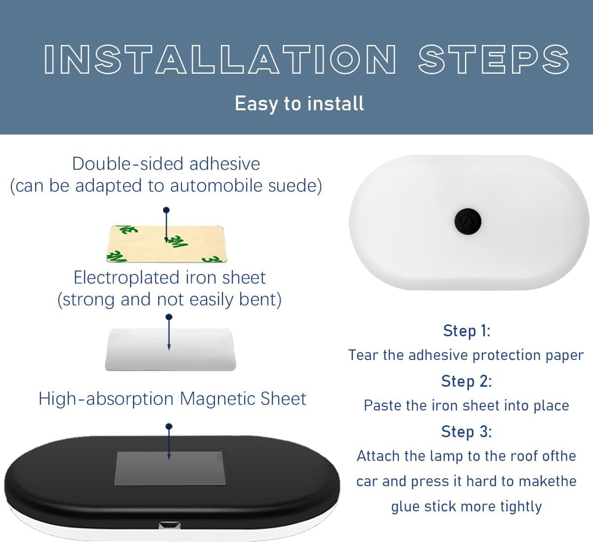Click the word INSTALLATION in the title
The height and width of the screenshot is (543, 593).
click(220, 59)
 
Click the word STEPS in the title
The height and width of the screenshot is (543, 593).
click(494, 59)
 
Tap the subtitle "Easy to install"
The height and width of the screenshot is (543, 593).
click(299, 103)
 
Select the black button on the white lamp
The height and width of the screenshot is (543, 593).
click(467, 222)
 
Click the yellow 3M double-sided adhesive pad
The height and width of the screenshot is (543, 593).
click(167, 244)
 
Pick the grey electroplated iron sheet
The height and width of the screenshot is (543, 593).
click(170, 350)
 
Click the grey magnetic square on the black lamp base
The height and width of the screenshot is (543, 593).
click(170, 468)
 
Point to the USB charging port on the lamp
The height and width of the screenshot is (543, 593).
click(169, 525)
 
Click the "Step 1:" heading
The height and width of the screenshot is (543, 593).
click(467, 330)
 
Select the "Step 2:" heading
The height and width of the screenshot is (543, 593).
click(466, 381)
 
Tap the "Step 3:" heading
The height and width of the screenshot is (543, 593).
click(466, 431)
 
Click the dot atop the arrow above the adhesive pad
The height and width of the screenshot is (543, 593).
click(166, 210)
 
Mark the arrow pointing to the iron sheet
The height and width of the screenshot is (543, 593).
click(169, 332)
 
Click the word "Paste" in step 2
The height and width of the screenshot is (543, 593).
click(382, 406)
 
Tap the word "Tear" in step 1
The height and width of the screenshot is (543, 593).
click(363, 355)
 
